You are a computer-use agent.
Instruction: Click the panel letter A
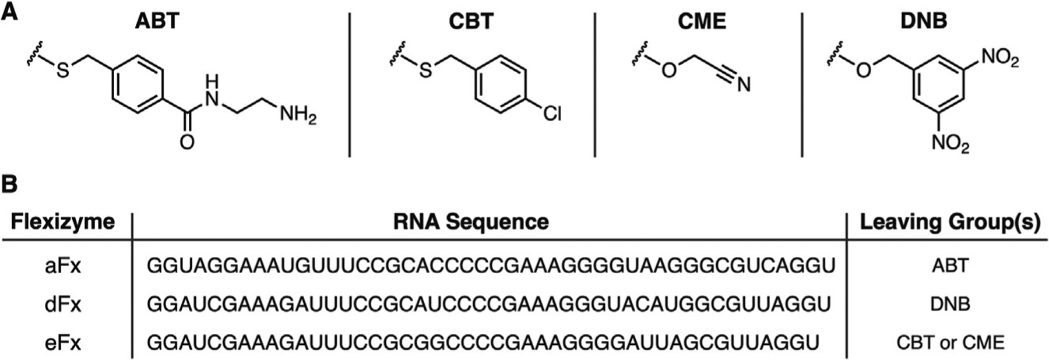pyautogui.click(x=10, y=11)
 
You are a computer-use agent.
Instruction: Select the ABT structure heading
pyautogui.click(x=156, y=21)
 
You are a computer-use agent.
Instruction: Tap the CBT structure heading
pyautogui.click(x=471, y=21)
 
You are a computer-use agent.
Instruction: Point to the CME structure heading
pyautogui.click(x=702, y=21)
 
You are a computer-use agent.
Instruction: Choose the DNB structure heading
pyautogui.click(x=924, y=21)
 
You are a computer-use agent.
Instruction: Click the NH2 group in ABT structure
pyautogui.click(x=297, y=115)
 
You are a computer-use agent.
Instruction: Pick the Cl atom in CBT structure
pyautogui.click(x=552, y=114)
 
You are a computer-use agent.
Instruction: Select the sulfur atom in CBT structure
pyautogui.click(x=426, y=71)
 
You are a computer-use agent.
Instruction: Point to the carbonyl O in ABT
pyautogui.click(x=186, y=142)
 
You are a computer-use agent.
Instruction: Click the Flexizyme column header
pyautogui.click(x=63, y=222)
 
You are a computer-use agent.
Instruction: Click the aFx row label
pyautogui.click(x=62, y=266)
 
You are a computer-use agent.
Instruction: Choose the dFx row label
pyautogui.click(x=62, y=304)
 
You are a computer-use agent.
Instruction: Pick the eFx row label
pyautogui.click(x=62, y=342)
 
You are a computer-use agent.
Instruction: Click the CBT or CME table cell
pyautogui.click(x=950, y=342)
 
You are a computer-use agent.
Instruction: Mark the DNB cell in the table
pyautogui.click(x=951, y=304)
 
